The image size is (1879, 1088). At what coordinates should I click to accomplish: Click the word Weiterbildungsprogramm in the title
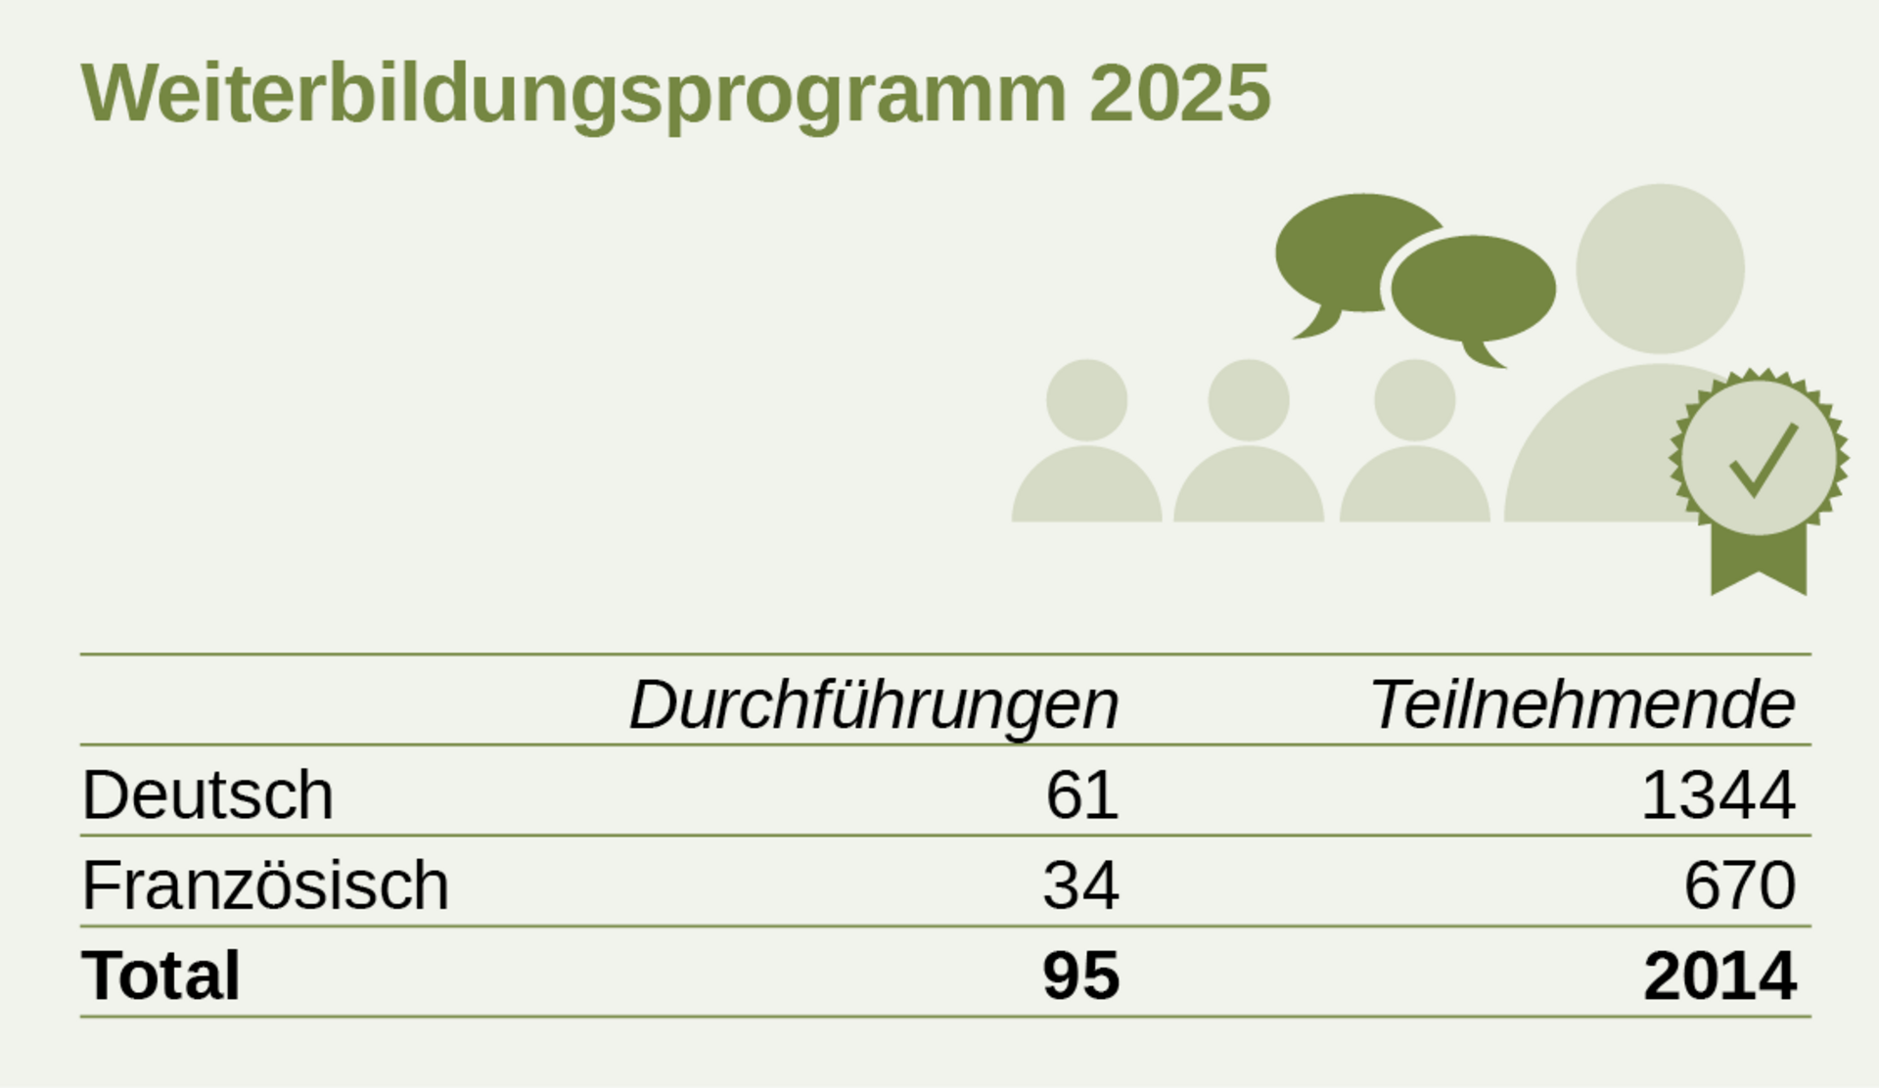[573, 94]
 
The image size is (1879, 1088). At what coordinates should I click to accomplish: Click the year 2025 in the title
[1179, 94]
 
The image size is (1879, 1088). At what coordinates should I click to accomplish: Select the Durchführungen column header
[873, 704]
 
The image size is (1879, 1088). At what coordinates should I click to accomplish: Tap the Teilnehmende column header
[1581, 704]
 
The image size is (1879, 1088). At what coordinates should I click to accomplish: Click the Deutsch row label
[207, 794]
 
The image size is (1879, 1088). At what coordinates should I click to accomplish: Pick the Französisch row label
[265, 885]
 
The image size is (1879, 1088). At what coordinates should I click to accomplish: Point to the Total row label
[160, 975]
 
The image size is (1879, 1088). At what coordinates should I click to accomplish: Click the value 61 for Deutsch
[1081, 794]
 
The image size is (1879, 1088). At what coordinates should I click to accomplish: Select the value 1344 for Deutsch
[1718, 794]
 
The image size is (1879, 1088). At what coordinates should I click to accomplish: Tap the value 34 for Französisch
[1080, 885]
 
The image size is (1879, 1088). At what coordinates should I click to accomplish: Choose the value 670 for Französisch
[1739, 885]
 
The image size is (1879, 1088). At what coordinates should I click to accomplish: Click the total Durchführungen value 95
[1080, 975]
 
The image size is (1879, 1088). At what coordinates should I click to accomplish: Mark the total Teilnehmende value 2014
[1719, 975]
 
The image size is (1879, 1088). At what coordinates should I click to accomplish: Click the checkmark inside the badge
[1763, 459]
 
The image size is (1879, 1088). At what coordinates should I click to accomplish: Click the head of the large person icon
[1660, 268]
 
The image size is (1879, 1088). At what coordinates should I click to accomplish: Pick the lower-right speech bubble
[1473, 289]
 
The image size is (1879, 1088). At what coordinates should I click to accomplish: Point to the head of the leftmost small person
[1086, 399]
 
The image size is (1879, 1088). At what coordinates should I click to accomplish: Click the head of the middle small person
[1249, 399]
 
